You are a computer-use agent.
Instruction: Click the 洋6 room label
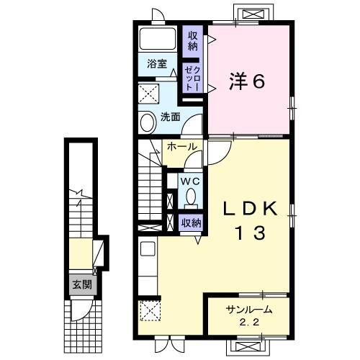click(x=248, y=81)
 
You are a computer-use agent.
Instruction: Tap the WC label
click(x=191, y=180)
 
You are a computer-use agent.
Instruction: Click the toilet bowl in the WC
click(x=192, y=196)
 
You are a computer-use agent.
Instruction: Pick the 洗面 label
click(x=170, y=117)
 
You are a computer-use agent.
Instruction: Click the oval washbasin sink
click(x=148, y=122)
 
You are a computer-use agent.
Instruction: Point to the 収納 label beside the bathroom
click(x=192, y=40)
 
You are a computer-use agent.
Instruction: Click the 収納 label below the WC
click(x=192, y=222)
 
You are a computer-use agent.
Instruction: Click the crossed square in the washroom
click(x=151, y=94)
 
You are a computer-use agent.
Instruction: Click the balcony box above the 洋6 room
click(x=256, y=14)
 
